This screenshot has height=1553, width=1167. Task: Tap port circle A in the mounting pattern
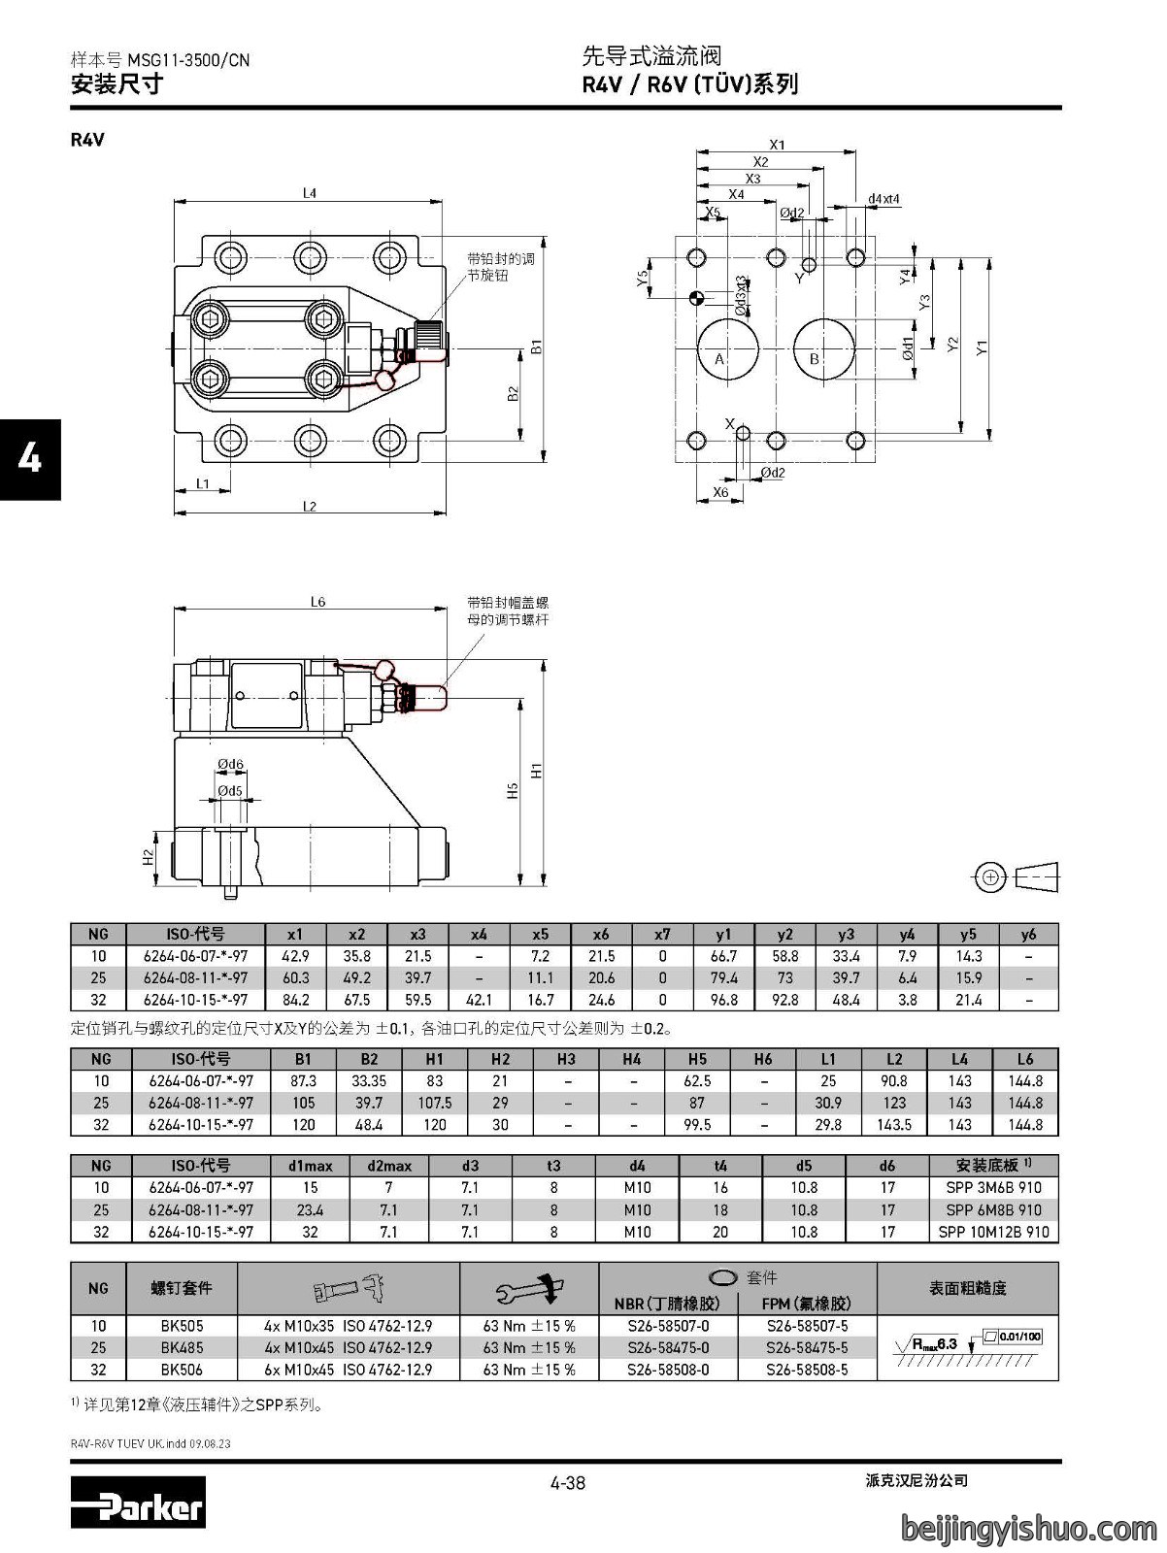(728, 348)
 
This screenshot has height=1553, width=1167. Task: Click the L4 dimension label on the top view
(310, 192)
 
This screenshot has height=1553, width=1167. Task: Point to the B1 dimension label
(537, 347)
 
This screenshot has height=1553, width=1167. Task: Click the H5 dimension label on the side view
(513, 790)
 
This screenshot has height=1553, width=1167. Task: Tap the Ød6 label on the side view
(230, 764)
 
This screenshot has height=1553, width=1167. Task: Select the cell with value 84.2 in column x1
(295, 1000)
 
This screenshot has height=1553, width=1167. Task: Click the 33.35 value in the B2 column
(369, 1081)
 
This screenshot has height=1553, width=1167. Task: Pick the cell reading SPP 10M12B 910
(993, 1232)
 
